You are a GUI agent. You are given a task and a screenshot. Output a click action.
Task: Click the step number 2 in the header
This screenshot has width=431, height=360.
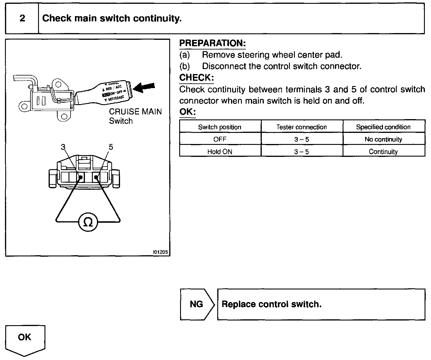pyautogui.click(x=22, y=18)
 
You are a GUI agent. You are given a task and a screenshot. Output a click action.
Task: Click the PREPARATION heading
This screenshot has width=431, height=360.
pyautogui.click(x=212, y=43)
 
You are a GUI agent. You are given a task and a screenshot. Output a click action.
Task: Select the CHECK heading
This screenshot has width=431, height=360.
pyautogui.click(x=196, y=78)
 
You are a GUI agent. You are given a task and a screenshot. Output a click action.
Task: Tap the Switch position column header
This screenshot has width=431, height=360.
pyautogui.click(x=220, y=127)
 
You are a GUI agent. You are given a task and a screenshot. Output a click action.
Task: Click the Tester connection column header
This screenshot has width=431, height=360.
pyautogui.click(x=302, y=127)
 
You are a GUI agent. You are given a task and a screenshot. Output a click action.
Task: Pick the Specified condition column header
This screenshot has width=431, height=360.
pyautogui.click(x=383, y=127)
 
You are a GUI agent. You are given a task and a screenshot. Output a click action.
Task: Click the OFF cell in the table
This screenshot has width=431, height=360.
pyautogui.click(x=220, y=139)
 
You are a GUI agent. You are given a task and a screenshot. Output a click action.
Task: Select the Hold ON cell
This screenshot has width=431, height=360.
pyautogui.click(x=220, y=152)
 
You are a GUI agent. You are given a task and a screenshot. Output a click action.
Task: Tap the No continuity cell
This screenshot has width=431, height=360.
pyautogui.click(x=383, y=139)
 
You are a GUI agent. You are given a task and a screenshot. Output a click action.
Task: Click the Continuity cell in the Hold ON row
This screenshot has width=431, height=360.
pyautogui.click(x=383, y=152)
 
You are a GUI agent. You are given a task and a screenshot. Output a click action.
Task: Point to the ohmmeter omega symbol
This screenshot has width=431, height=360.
pyautogui.click(x=88, y=223)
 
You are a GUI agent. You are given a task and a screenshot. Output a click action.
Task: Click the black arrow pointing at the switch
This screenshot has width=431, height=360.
pyautogui.click(x=144, y=87)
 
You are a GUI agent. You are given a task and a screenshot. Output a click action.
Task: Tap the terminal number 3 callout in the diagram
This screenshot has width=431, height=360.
pyautogui.click(x=63, y=147)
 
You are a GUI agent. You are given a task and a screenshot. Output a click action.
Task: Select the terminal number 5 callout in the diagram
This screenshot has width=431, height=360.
pyautogui.click(x=111, y=147)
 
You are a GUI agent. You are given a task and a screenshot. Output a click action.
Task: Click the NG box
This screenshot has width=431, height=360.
pyautogui.click(x=196, y=304)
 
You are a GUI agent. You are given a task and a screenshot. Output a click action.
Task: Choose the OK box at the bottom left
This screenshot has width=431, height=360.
pyautogui.click(x=25, y=337)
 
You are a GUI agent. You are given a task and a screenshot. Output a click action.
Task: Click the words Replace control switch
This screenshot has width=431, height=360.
pyautogui.click(x=271, y=304)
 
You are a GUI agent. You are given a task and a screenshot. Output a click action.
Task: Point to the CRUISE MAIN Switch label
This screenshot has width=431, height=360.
pyautogui.click(x=135, y=116)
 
